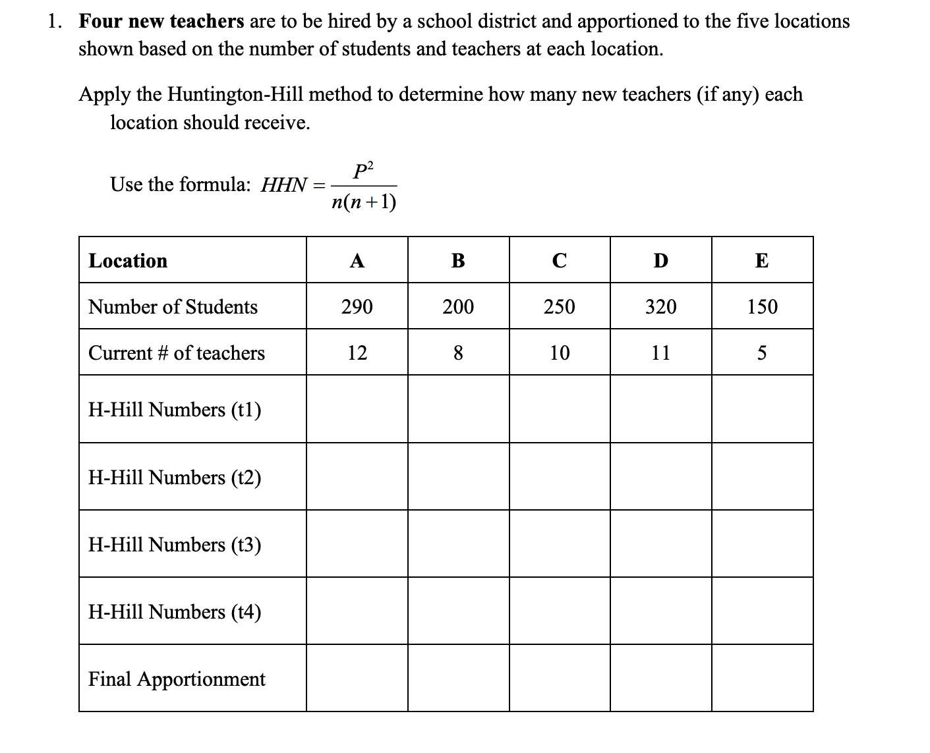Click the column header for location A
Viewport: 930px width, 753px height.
click(x=357, y=261)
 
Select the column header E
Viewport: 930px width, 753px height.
click(x=761, y=261)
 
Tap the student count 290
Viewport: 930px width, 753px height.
click(x=357, y=307)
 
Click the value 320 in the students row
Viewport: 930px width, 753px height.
click(x=660, y=307)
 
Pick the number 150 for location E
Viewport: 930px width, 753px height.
click(x=762, y=307)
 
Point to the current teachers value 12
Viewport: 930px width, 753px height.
click(x=357, y=353)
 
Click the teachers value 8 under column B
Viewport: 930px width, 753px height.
click(x=458, y=353)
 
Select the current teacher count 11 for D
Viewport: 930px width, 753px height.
click(x=660, y=353)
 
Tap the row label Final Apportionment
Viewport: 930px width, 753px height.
click(x=177, y=679)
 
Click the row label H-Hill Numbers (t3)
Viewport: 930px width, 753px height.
click(x=175, y=545)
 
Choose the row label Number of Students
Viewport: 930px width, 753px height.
click(x=173, y=307)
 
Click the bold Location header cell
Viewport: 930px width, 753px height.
click(x=128, y=261)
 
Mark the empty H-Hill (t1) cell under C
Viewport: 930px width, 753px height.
click(x=559, y=409)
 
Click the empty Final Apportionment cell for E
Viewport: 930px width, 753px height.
click(x=762, y=679)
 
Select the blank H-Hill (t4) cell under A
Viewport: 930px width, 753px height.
click(x=357, y=611)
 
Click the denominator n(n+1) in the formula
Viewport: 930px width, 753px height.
click(x=364, y=202)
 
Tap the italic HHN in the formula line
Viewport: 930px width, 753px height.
click(x=283, y=185)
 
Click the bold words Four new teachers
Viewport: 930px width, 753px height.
click(x=161, y=22)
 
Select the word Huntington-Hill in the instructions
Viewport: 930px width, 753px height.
click(x=235, y=95)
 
